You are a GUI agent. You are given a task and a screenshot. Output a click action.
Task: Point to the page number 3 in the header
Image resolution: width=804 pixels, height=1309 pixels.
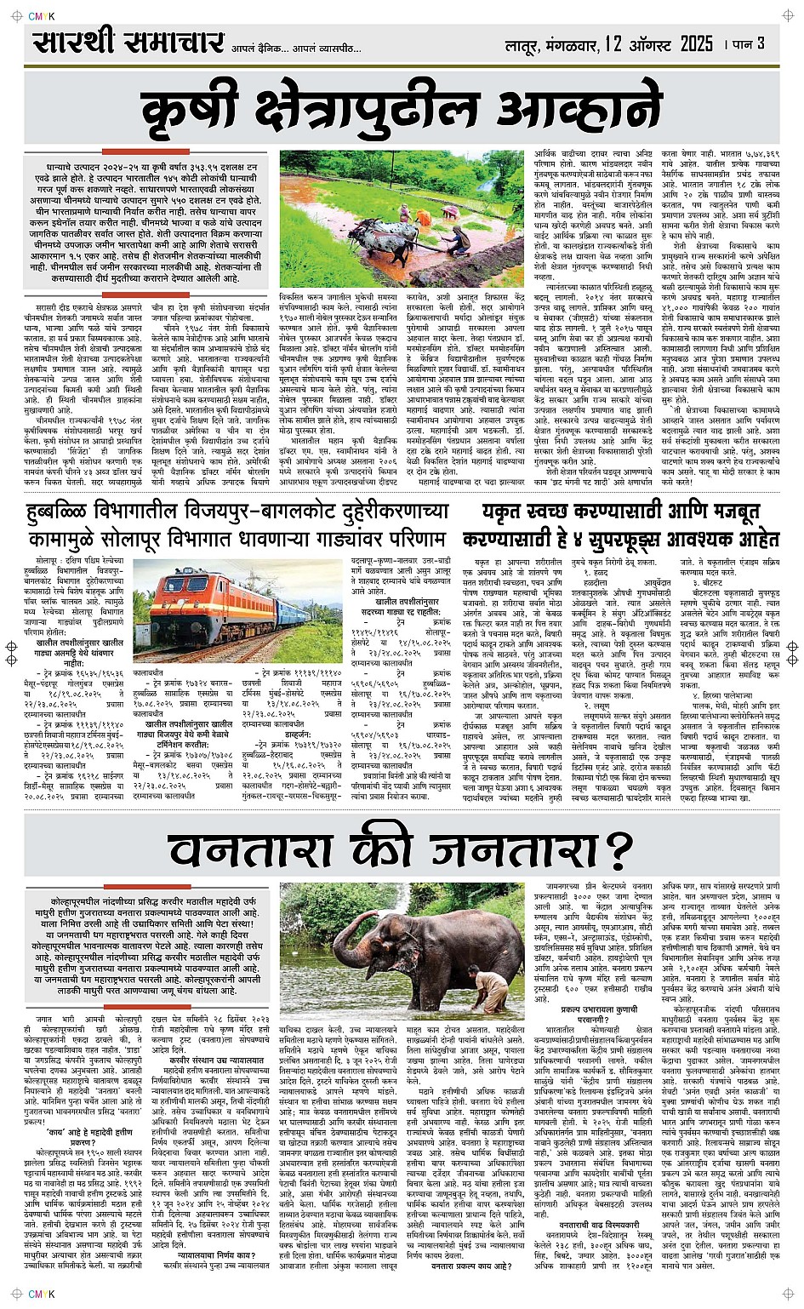click(760, 43)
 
